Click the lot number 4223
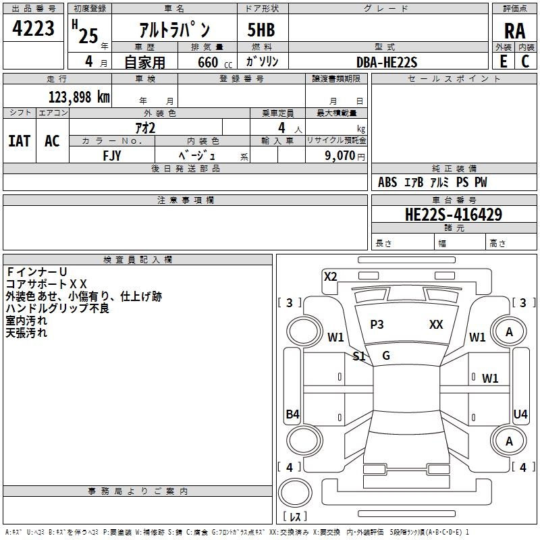tap(33, 28)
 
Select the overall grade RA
tap(515, 31)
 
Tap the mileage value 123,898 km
tap(79, 97)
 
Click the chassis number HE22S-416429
tap(454, 215)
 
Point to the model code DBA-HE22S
tap(387, 62)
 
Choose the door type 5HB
tap(261, 30)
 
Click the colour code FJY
tap(112, 156)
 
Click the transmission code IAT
tap(20, 141)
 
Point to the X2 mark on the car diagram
tap(331, 277)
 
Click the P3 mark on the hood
tap(377, 325)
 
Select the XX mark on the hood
tap(436, 325)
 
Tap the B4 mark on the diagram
tap(293, 414)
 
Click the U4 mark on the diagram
tap(520, 414)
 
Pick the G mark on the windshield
tap(386, 356)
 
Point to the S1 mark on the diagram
tap(359, 356)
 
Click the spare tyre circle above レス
tap(295, 493)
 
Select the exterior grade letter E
tap(503, 61)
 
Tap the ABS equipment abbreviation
tap(387, 182)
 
